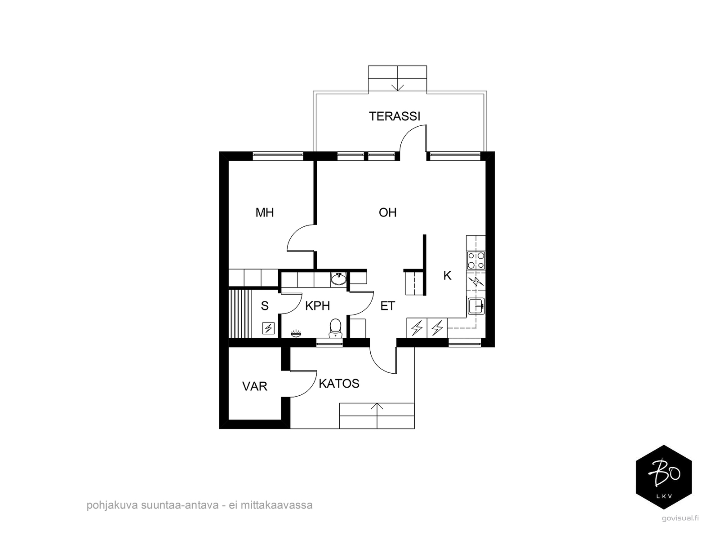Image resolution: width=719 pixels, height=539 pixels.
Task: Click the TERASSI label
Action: point(395,116)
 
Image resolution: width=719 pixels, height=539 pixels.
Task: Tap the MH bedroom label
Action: point(265,213)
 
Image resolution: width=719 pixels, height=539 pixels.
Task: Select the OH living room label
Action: point(387,213)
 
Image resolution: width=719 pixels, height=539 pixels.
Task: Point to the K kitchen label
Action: point(447,275)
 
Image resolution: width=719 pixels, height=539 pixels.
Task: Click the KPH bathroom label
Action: point(317,306)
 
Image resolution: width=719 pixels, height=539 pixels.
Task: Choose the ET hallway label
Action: point(387,306)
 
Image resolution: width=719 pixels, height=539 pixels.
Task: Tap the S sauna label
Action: point(265,306)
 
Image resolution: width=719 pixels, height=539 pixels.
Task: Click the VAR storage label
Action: point(254,386)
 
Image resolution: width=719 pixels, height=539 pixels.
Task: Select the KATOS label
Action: point(339,383)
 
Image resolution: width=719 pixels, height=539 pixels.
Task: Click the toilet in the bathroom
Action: point(335,328)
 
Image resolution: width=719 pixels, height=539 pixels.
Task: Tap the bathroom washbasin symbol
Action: point(338,279)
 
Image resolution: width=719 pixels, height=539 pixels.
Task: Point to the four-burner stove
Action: point(476,260)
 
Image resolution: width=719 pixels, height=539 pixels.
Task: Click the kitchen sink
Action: point(476,306)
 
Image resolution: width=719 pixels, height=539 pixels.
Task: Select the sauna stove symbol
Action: point(268,328)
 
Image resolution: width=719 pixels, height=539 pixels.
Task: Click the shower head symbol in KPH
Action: point(296,333)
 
